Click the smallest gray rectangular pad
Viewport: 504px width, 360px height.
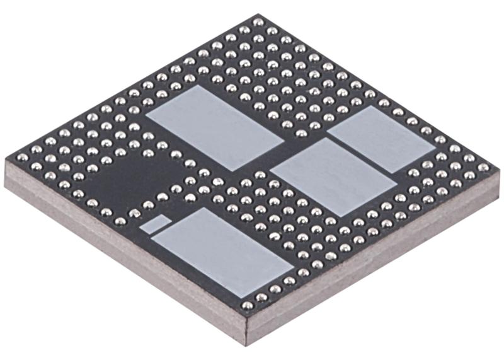pos(154,223)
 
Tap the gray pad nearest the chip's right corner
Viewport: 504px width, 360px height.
pos(381,139)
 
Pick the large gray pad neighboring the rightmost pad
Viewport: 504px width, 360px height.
pos(333,176)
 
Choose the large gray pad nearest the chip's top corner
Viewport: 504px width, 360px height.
pos(214,126)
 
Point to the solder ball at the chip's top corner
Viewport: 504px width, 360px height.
pos(258,22)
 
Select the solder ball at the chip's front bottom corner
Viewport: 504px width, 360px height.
pos(248,305)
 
